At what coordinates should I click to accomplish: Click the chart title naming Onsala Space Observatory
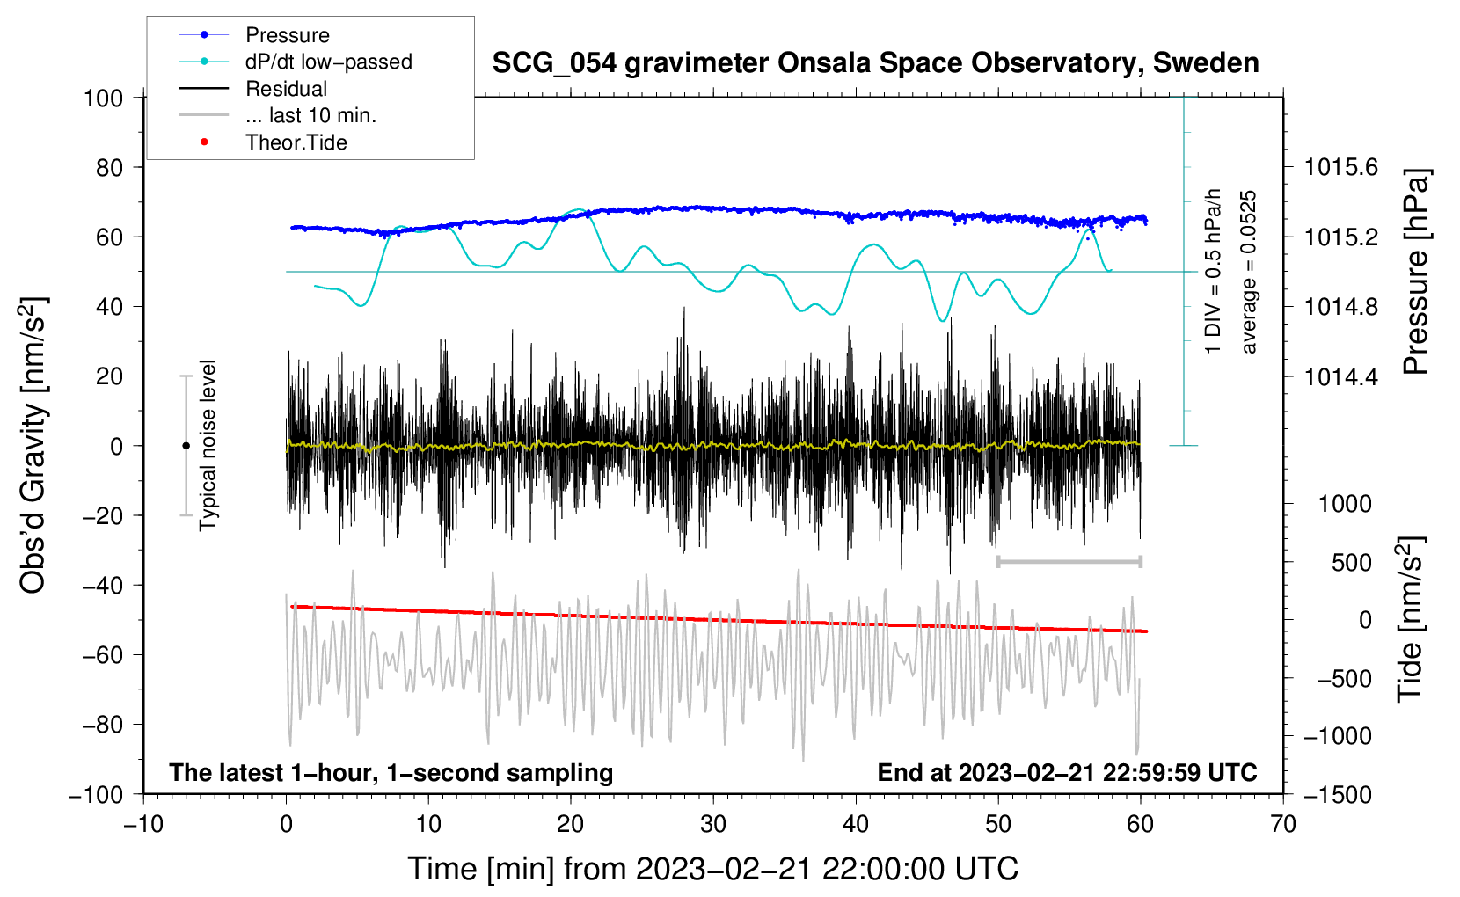tap(875, 62)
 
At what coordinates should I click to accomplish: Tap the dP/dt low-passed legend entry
tap(328, 62)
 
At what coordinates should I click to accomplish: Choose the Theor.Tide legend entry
tap(296, 142)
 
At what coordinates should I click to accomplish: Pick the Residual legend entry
tap(286, 89)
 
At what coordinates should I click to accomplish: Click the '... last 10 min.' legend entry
tap(310, 115)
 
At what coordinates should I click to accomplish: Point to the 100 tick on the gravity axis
tap(103, 98)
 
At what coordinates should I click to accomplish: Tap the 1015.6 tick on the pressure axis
tap(1340, 167)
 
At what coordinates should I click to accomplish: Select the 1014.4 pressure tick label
tap(1340, 376)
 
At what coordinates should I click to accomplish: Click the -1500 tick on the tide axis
tap(1337, 794)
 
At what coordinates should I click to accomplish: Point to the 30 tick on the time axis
tap(713, 824)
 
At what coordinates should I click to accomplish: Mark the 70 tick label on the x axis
tap(1283, 824)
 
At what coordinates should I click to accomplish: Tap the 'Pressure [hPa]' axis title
tap(1415, 273)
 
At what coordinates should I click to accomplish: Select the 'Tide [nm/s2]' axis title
tap(1410, 620)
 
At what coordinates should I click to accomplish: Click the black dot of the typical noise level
tap(186, 446)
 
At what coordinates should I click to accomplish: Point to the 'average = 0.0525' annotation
tap(1248, 273)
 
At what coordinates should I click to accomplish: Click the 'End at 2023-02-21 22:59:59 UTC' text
tap(1067, 772)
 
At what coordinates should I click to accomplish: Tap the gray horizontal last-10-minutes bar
tap(1069, 561)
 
